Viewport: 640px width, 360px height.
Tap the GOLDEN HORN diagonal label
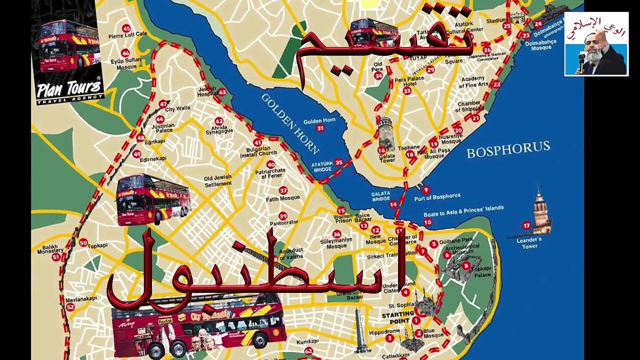pyautogui.click(x=289, y=123)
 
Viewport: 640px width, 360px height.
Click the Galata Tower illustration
pyautogui.click(x=385, y=133)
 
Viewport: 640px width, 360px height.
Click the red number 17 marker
pyautogui.click(x=526, y=225)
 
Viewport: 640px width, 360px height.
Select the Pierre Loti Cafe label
pyautogui.click(x=127, y=34)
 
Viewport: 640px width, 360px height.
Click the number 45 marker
pyautogui.click(x=126, y=28)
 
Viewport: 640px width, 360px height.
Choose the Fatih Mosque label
pyautogui.click(x=282, y=198)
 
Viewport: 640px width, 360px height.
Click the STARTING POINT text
pyautogui.click(x=398, y=315)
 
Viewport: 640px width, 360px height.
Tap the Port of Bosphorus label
pyautogui.click(x=437, y=197)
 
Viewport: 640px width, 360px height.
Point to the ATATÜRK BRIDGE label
pyautogui.click(x=321, y=166)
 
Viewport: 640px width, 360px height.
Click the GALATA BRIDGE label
pyautogui.click(x=381, y=196)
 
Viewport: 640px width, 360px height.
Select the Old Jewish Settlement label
pyautogui.click(x=217, y=180)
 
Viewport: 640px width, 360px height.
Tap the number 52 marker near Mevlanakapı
pyautogui.click(x=70, y=307)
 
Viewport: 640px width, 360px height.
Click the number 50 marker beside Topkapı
pyautogui.click(x=83, y=242)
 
